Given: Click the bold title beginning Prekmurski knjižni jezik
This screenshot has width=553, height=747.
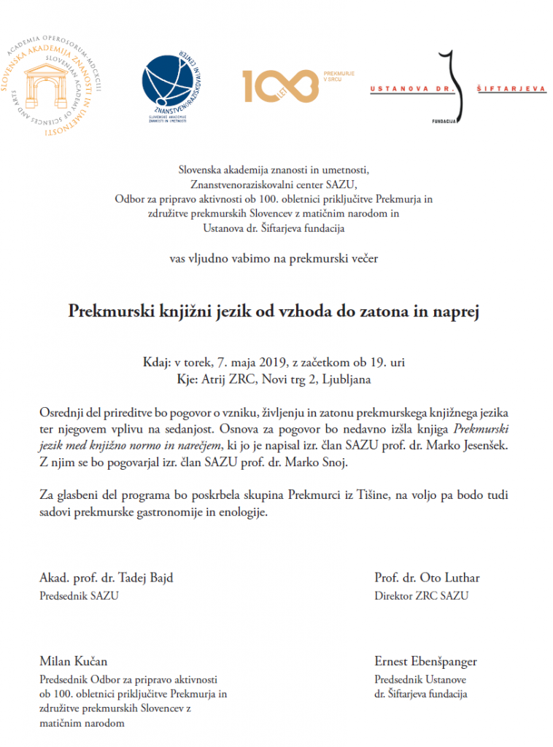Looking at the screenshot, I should (276, 311).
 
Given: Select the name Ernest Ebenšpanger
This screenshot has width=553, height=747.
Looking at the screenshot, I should (425, 662).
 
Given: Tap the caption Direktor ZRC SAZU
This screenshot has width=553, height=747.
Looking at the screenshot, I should (421, 595).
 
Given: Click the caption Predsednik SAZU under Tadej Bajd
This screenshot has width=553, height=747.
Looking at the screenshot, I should (79, 595).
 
